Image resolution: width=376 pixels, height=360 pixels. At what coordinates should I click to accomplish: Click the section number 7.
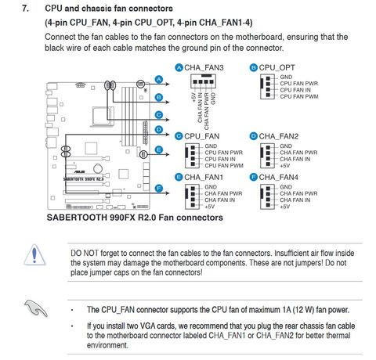tap(25, 9)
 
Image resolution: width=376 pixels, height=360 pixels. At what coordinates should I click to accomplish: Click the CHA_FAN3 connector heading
tap(204, 68)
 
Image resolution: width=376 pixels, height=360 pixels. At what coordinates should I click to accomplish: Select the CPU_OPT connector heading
tap(277, 68)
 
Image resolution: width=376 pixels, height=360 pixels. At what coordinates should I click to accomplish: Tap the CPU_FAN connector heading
tap(202, 136)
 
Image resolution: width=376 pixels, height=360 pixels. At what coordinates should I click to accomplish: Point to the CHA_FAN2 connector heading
tap(279, 136)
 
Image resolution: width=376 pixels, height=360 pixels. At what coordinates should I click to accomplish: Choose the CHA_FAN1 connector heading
tap(204, 178)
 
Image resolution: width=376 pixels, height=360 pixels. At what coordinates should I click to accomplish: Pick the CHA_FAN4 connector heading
tap(279, 178)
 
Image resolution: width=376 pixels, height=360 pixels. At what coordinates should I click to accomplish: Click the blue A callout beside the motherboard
tap(159, 79)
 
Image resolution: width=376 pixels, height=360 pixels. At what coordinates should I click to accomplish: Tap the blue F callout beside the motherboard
tap(159, 189)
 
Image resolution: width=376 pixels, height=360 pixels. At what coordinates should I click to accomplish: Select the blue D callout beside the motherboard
tap(159, 130)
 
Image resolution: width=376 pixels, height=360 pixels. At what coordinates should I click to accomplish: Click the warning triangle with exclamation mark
tap(34, 254)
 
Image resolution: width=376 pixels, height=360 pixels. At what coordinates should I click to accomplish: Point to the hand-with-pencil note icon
tap(36, 308)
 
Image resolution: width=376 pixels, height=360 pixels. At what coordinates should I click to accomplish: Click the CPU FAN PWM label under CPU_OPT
tap(299, 96)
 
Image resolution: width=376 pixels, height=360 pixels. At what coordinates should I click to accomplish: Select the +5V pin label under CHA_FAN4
tap(285, 207)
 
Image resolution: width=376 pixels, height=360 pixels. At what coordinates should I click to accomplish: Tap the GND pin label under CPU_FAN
tap(211, 146)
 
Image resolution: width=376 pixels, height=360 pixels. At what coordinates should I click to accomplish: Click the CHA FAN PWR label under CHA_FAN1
tap(223, 193)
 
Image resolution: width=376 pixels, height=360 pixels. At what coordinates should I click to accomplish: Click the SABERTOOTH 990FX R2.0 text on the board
tap(84, 179)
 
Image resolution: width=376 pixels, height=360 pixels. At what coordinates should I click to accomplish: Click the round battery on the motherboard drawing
tap(97, 168)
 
